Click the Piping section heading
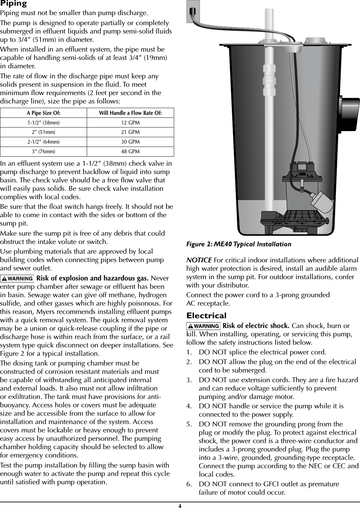pos(13,4)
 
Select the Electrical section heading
pos(206,316)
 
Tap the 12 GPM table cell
pos(130,123)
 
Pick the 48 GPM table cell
pos(130,152)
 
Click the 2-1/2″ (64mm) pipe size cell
pos(44,142)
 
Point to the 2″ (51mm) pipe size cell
pos(44,132)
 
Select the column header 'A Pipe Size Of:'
pos(44,113)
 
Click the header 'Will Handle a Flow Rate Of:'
pos(130,113)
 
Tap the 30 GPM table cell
pos(130,142)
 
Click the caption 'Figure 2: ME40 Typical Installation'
pos(238,244)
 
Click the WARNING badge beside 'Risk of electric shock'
pos(204,326)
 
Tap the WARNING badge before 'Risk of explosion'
pos(17,278)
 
